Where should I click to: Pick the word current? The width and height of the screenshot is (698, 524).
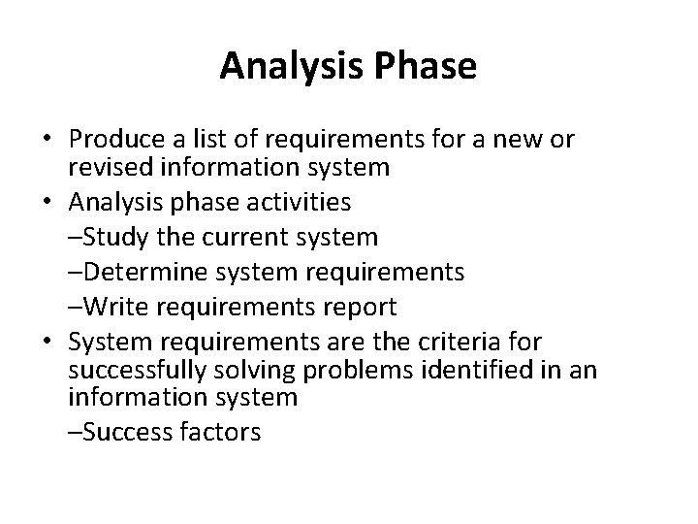click(246, 238)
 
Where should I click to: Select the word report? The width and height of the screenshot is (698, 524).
click(359, 308)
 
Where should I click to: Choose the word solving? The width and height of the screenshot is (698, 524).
click(259, 370)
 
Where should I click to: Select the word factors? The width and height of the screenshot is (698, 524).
click(219, 431)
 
